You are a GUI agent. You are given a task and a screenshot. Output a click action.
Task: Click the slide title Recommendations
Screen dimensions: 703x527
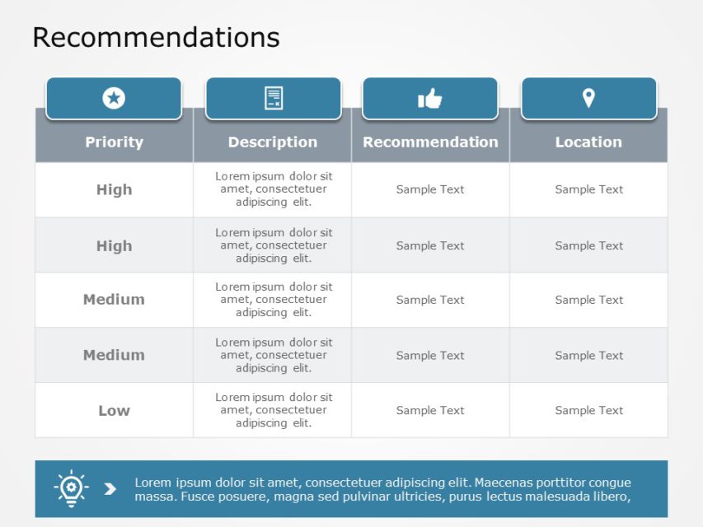tap(156, 37)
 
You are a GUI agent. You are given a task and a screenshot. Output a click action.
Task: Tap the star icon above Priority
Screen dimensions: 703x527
tap(114, 98)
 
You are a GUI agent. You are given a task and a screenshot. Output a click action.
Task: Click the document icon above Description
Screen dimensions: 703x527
tap(274, 98)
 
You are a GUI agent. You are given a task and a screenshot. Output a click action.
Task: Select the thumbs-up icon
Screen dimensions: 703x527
tap(430, 99)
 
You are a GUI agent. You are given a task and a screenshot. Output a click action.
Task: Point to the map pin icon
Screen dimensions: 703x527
tap(588, 98)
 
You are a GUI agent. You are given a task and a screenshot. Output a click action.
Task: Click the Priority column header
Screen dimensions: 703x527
tap(115, 142)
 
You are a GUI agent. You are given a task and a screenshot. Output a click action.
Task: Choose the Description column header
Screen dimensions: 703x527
tap(273, 142)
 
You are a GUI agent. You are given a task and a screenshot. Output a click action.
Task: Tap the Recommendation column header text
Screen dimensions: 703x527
tap(430, 142)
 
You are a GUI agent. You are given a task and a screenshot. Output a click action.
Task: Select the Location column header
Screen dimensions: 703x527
tap(588, 142)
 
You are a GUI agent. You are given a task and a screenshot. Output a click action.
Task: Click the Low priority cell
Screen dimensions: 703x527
tap(115, 411)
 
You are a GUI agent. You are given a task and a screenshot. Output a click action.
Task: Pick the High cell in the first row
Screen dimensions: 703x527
tap(115, 189)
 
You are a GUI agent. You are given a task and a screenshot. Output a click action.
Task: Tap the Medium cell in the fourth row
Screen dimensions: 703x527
tap(115, 355)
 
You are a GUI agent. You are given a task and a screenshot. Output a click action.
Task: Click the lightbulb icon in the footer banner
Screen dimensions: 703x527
tap(71, 488)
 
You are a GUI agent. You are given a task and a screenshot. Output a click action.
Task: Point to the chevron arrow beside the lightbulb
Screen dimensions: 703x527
tap(110, 489)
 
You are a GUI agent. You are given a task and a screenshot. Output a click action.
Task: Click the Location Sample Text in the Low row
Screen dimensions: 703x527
tap(588, 410)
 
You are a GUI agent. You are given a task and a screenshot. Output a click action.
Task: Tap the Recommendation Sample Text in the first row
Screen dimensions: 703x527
tap(430, 189)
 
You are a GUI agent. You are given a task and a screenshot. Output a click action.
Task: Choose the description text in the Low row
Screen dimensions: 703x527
tap(274, 410)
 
